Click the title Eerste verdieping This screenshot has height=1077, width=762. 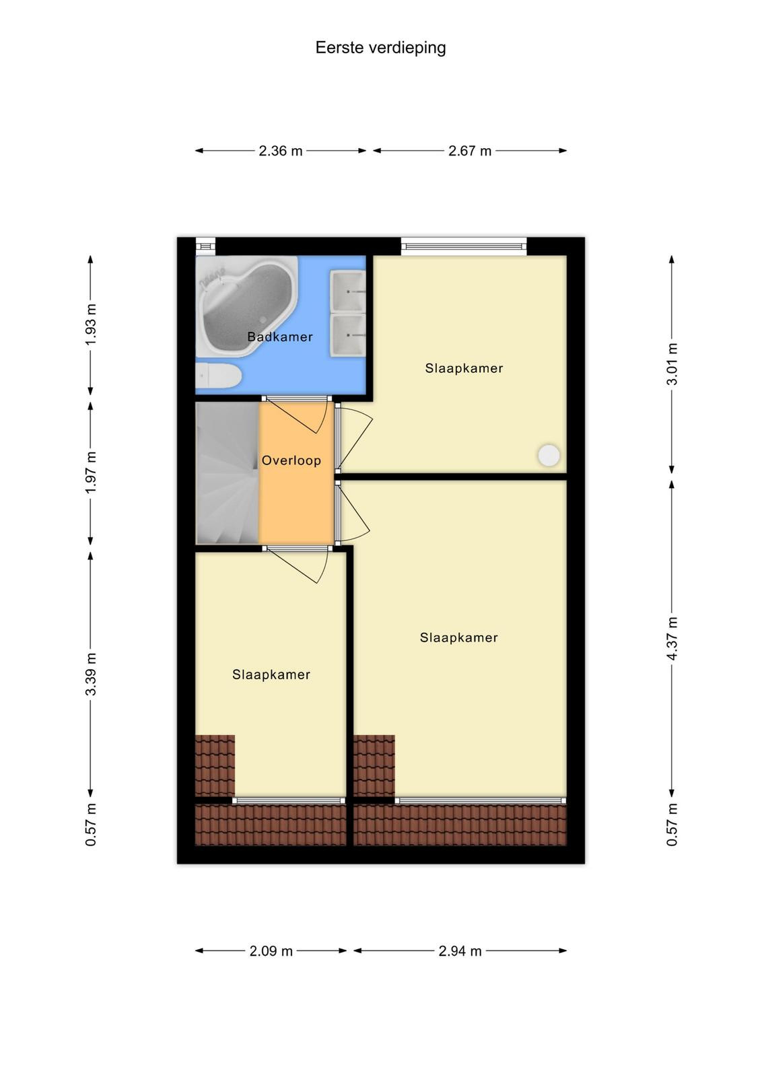coord(380,48)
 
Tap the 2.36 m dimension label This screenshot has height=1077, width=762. coord(280,151)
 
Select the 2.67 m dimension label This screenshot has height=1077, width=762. coord(470,151)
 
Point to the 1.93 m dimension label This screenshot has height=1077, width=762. coord(91,324)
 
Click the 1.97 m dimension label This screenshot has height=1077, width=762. coord(91,472)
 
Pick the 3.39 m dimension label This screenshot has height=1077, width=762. coord(91,674)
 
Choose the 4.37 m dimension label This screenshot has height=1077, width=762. coord(672,638)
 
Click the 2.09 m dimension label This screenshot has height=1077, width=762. coord(271,951)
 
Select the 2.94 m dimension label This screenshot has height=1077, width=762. coord(460,951)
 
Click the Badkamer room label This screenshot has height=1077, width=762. coord(280,337)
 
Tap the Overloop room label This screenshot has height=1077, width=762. coord(291,460)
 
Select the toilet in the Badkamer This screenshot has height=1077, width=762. coord(218,376)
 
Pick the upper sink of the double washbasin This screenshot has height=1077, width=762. coord(347,291)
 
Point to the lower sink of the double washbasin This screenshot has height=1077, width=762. coord(347,335)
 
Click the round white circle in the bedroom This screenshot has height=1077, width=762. coord(549,455)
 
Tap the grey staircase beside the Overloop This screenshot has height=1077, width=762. coord(228,473)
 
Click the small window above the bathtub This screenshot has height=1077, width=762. coord(205,246)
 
